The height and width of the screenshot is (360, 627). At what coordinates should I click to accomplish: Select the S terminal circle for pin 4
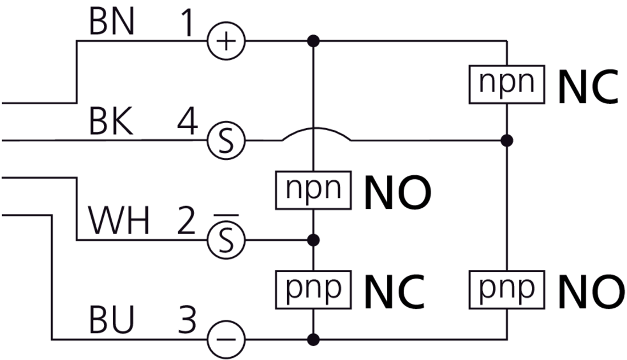[226, 141]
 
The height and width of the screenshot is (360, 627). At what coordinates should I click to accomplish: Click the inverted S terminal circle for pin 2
[226, 240]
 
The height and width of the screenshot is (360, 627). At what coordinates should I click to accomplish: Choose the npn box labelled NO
[313, 190]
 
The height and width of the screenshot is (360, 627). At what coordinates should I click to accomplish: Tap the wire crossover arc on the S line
[316, 132]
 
